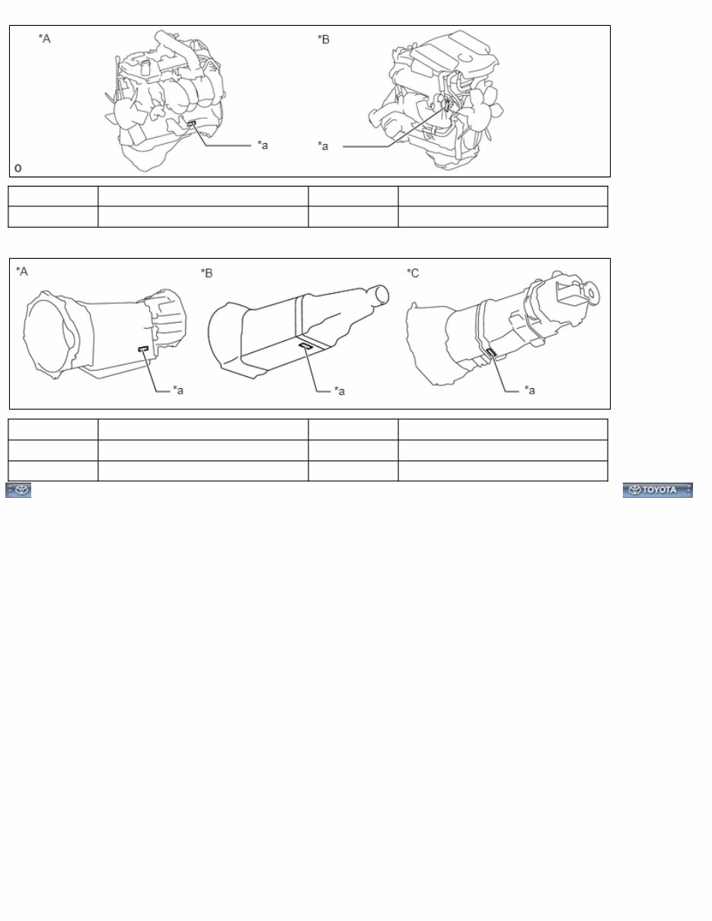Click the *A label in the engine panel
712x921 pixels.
tap(45, 38)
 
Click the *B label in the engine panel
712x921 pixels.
tap(324, 39)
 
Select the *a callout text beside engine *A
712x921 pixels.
tap(262, 145)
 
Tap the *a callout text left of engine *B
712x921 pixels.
tap(324, 145)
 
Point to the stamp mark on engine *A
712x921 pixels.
tap(191, 122)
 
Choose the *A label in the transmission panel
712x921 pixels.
tap(22, 272)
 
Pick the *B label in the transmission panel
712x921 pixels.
tap(206, 272)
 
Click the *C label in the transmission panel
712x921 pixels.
tap(413, 272)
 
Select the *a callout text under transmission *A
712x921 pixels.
tap(178, 390)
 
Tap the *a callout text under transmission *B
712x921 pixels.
tap(340, 391)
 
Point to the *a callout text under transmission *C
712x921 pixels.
tap(530, 390)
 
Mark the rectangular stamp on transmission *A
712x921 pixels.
tap(143, 348)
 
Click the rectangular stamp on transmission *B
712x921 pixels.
tap(305, 346)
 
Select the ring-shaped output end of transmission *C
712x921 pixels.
tap(590, 291)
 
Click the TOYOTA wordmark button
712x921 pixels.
tap(657, 490)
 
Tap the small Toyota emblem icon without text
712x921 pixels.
tap(19, 490)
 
